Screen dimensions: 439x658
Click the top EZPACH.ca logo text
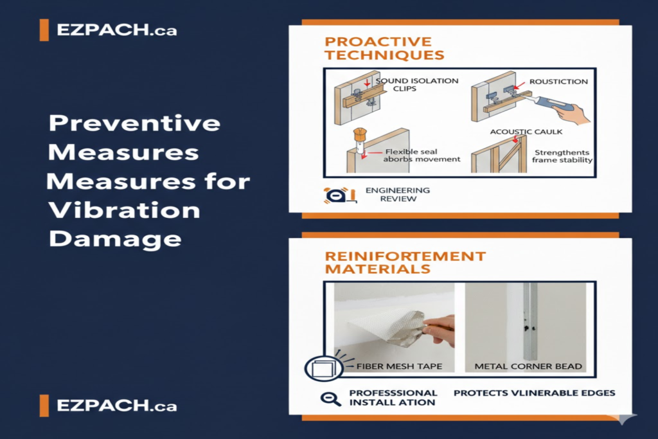tap(116, 30)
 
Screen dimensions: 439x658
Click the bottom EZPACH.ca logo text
tap(116, 406)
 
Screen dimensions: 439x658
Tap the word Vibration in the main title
tap(125, 210)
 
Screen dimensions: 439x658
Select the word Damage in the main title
tap(115, 238)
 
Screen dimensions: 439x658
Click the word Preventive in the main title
tap(134, 123)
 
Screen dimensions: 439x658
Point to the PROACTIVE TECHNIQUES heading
tap(384, 48)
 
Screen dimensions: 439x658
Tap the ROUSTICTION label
tap(558, 82)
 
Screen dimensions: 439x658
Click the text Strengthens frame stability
tap(562, 156)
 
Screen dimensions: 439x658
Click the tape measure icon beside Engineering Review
tap(335, 195)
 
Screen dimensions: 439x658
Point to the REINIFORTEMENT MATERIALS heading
tap(405, 262)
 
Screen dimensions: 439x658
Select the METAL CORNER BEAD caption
tap(528, 366)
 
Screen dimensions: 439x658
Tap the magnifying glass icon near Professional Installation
tap(331, 398)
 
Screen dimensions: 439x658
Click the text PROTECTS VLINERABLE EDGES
tap(535, 393)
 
